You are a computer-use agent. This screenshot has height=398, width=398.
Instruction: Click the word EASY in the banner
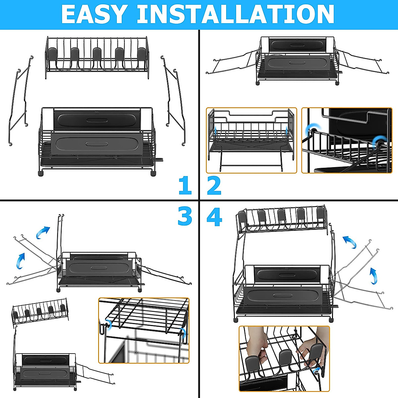coord(94,14)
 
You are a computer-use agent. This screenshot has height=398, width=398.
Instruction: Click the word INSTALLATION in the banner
coord(235,14)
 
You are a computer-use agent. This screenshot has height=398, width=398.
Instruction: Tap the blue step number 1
coord(185,186)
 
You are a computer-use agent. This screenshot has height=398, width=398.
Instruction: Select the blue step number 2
coord(214,186)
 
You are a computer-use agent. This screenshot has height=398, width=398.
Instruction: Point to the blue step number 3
coord(185,216)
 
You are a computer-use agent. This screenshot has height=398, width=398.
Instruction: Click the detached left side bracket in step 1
coord(20,99)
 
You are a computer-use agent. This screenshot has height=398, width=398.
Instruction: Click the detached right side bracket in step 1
coord(174,99)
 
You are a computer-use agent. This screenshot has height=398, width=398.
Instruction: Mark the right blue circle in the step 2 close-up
coord(377,143)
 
